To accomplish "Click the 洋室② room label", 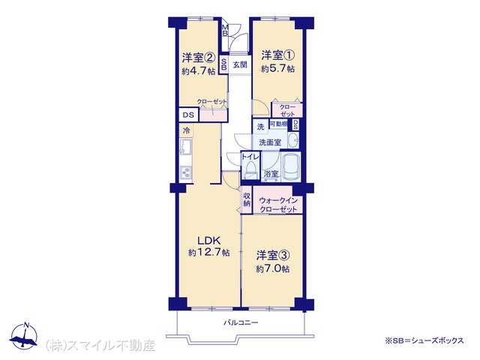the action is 198,57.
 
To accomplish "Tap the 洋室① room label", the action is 277,55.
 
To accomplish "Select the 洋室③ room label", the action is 273,255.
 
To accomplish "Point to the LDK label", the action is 209,240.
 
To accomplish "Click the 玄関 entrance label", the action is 240,65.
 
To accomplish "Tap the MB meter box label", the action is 225,31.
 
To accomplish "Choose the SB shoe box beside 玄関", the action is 223,64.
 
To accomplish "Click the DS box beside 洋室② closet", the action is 188,115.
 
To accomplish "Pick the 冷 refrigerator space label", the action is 186,130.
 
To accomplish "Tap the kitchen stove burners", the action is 185,173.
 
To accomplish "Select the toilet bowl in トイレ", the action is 250,169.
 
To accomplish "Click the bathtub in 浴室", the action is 291,166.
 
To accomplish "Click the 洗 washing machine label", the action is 260,127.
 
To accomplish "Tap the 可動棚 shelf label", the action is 278,124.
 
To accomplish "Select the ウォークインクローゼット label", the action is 278,205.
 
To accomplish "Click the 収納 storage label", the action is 247,199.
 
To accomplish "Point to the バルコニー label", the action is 241,322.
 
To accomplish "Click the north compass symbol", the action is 24,336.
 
